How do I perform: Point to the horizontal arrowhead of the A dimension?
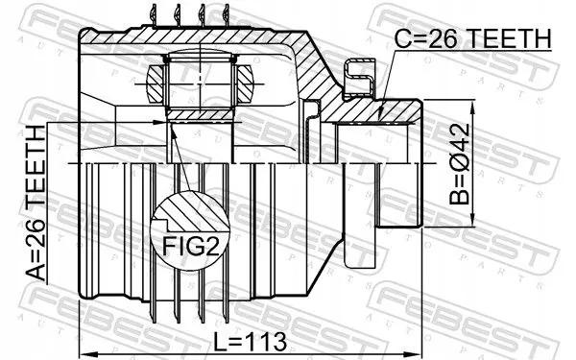click(160, 121)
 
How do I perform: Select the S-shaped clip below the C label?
click(357, 75)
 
